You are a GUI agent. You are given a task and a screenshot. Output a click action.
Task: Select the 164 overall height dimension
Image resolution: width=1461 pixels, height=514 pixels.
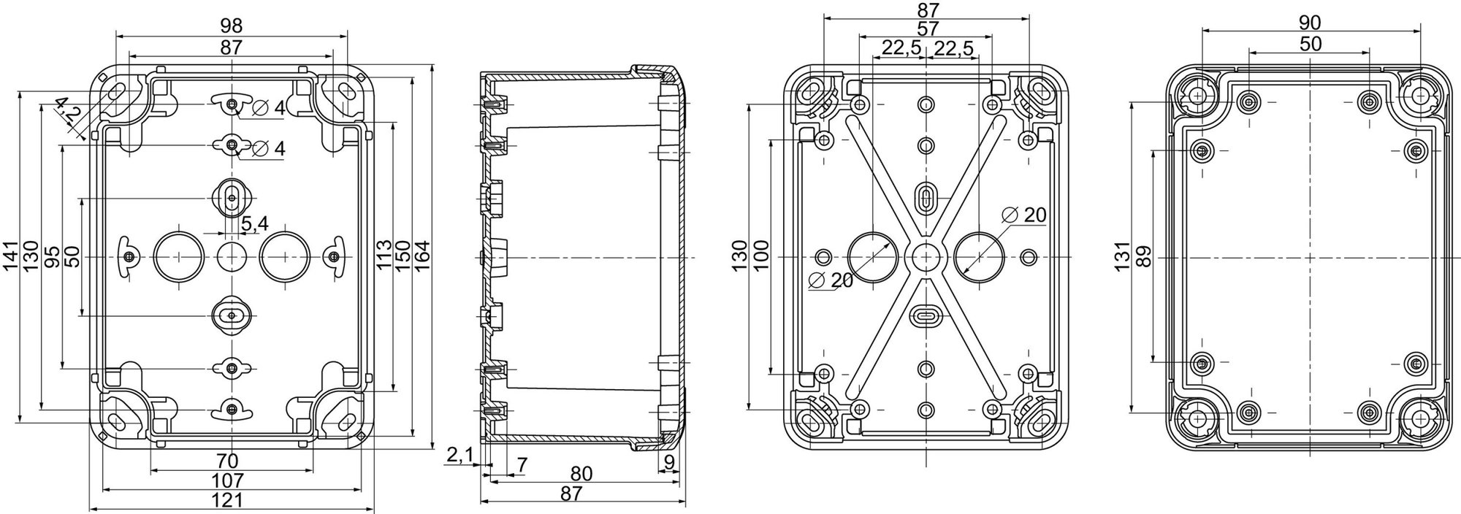pyautogui.click(x=421, y=256)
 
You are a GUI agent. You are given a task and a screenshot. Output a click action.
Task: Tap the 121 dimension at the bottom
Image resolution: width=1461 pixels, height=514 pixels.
pyautogui.click(x=231, y=500)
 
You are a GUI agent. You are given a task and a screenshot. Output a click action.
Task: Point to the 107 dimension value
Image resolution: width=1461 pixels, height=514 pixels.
pyautogui.click(x=231, y=480)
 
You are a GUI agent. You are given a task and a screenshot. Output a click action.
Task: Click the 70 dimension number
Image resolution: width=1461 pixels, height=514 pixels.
pyautogui.click(x=228, y=461)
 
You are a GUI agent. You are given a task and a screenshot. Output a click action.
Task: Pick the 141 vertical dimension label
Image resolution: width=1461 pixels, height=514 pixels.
pyautogui.click(x=11, y=256)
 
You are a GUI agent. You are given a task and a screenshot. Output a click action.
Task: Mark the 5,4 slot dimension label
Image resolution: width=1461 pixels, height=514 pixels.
pyautogui.click(x=253, y=224)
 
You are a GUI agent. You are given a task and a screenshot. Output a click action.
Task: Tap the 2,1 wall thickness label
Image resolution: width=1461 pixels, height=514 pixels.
pyautogui.click(x=459, y=456)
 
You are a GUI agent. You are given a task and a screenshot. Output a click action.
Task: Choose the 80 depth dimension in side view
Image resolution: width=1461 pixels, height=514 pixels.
pyautogui.click(x=581, y=474)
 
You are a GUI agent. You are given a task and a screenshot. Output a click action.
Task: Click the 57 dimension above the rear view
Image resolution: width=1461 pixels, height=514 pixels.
pyautogui.click(x=926, y=29)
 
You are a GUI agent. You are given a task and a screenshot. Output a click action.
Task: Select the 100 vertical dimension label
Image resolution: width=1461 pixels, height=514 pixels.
pyautogui.click(x=761, y=256)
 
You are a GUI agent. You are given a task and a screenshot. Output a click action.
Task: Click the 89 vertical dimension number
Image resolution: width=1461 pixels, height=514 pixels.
pyautogui.click(x=1143, y=256)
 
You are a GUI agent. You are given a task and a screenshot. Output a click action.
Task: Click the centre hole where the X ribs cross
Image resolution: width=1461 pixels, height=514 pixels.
pyautogui.click(x=926, y=256)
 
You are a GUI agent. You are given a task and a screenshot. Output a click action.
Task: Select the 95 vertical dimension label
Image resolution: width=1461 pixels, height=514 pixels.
pyautogui.click(x=53, y=256)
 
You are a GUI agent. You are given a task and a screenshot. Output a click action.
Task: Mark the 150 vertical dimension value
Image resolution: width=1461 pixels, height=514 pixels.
pyautogui.click(x=403, y=256)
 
